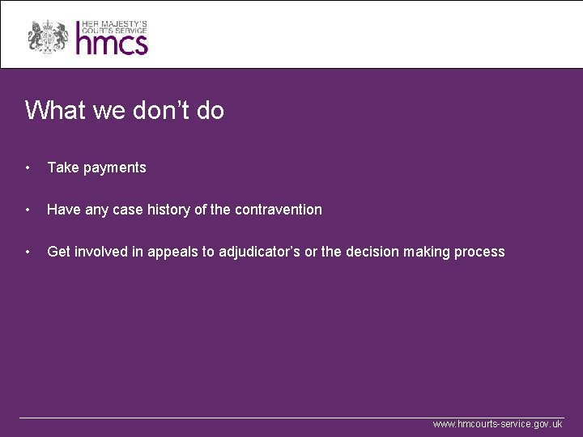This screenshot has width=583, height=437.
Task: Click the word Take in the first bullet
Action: [62, 168]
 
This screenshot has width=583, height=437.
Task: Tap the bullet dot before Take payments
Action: [28, 168]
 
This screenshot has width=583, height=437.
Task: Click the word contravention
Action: [279, 210]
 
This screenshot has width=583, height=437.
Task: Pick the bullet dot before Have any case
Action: [28, 210]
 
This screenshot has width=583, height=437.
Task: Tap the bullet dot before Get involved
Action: [28, 252]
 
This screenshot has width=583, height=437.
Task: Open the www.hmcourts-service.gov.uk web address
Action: [497, 424]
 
